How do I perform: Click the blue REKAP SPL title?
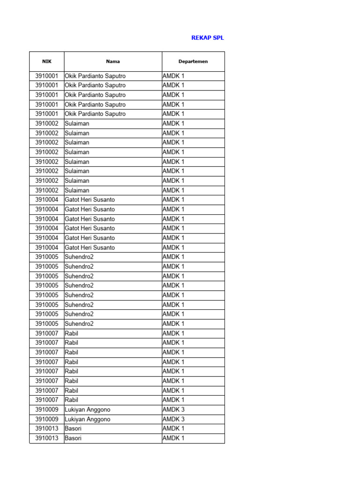click(208, 38)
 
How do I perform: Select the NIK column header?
click(47, 61)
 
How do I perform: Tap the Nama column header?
click(113, 61)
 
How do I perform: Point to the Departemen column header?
click(193, 61)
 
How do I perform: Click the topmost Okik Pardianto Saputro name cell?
click(95, 76)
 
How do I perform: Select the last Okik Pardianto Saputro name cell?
click(95, 114)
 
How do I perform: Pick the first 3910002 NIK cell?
click(47, 124)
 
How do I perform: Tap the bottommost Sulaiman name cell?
click(77, 190)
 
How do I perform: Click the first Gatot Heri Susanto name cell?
click(90, 200)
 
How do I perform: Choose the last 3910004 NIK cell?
click(47, 247)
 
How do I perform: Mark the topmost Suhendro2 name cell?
click(79, 257)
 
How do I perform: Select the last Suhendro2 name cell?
click(79, 323)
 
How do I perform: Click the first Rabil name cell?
click(72, 333)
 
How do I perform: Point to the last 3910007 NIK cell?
click(47, 400)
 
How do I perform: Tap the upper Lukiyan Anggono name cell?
click(88, 410)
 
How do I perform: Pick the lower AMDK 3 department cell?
click(173, 419)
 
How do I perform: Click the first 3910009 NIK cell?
click(47, 410)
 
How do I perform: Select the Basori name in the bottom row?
click(73, 438)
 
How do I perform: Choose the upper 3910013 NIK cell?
click(47, 428)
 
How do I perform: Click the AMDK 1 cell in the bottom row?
click(173, 438)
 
